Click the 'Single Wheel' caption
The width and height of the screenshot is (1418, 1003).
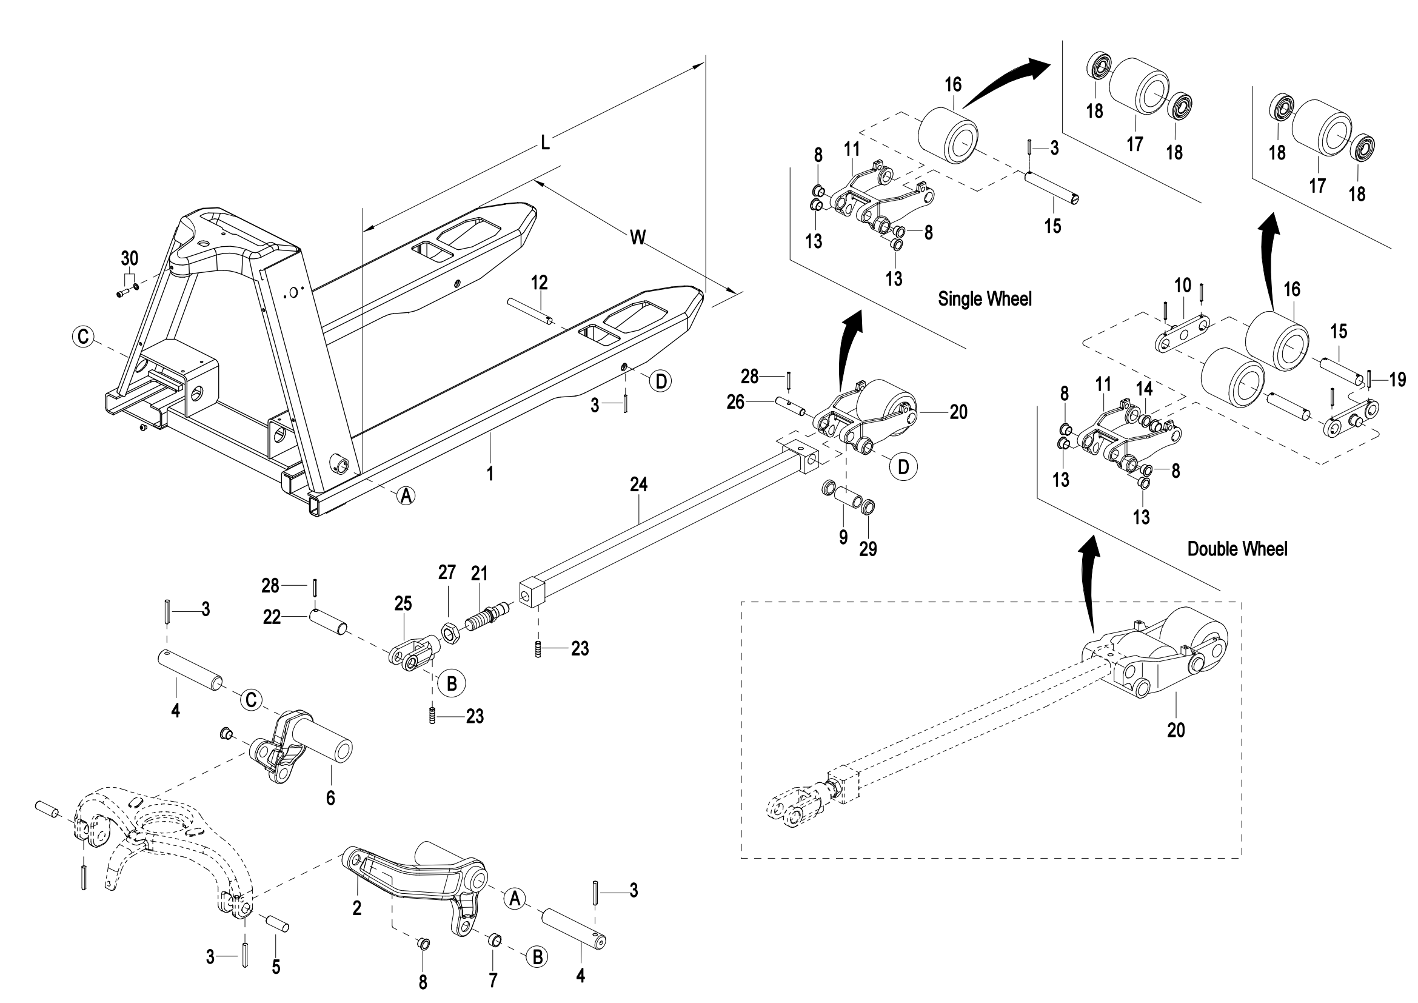pyautogui.click(x=985, y=299)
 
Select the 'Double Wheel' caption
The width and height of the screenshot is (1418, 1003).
pyautogui.click(x=1237, y=549)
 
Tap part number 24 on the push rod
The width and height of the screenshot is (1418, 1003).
pyautogui.click(x=638, y=484)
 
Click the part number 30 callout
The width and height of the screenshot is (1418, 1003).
pyautogui.click(x=129, y=258)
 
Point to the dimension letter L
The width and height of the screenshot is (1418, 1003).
pyautogui.click(x=545, y=143)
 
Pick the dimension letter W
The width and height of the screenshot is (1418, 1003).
pyautogui.click(x=638, y=237)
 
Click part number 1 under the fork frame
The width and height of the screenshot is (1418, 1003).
pyautogui.click(x=490, y=474)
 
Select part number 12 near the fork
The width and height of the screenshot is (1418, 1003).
pyautogui.click(x=539, y=283)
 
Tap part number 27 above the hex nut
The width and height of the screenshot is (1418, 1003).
pyautogui.click(x=447, y=572)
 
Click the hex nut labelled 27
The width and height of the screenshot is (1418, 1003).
pyautogui.click(x=450, y=633)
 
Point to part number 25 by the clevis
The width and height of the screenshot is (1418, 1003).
pyautogui.click(x=403, y=603)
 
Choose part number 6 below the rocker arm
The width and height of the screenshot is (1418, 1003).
pyautogui.click(x=330, y=798)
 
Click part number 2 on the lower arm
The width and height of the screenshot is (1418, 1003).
pyautogui.click(x=356, y=908)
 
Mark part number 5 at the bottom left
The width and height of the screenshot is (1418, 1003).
pyautogui.click(x=276, y=967)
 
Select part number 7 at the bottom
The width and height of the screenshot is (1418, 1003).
pyautogui.click(x=493, y=979)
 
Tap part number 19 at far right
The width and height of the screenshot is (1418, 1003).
pyautogui.click(x=1398, y=379)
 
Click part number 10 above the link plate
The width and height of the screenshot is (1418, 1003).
pyautogui.click(x=1182, y=286)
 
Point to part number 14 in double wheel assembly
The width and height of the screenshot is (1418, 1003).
pyautogui.click(x=1145, y=389)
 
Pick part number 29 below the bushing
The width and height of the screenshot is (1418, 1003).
pyautogui.click(x=868, y=548)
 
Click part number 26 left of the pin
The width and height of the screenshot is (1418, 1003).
pyautogui.click(x=735, y=402)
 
